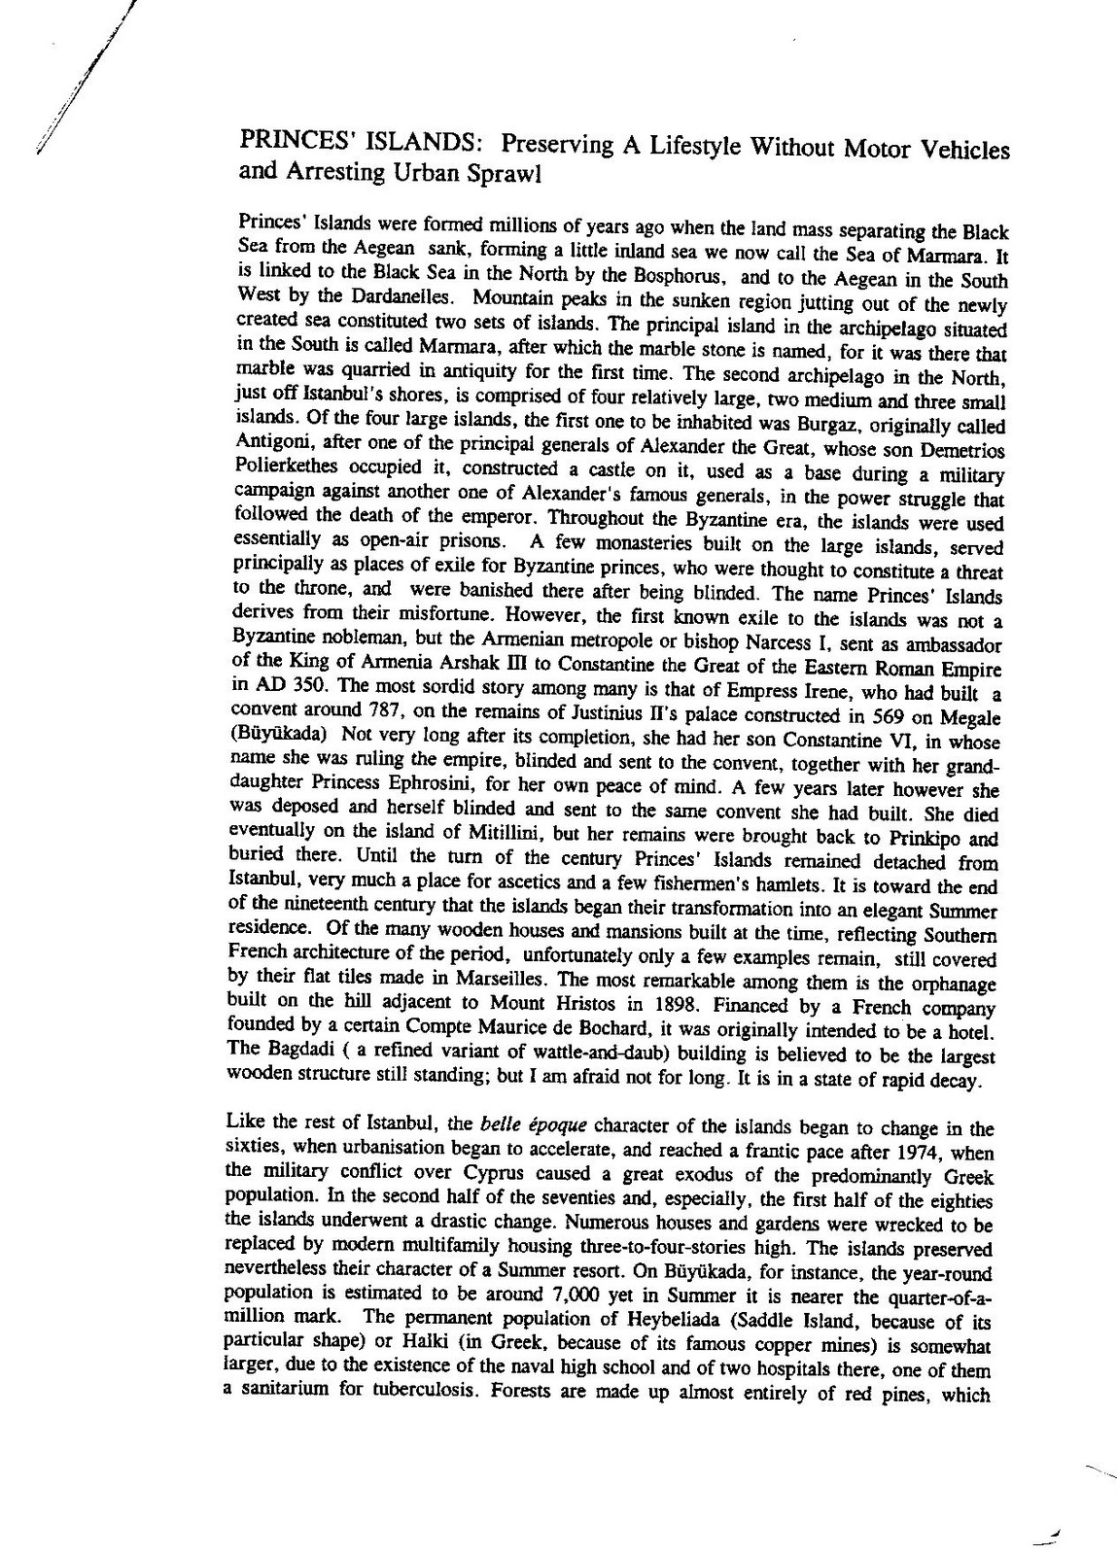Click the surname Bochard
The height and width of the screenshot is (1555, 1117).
[608, 1018]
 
